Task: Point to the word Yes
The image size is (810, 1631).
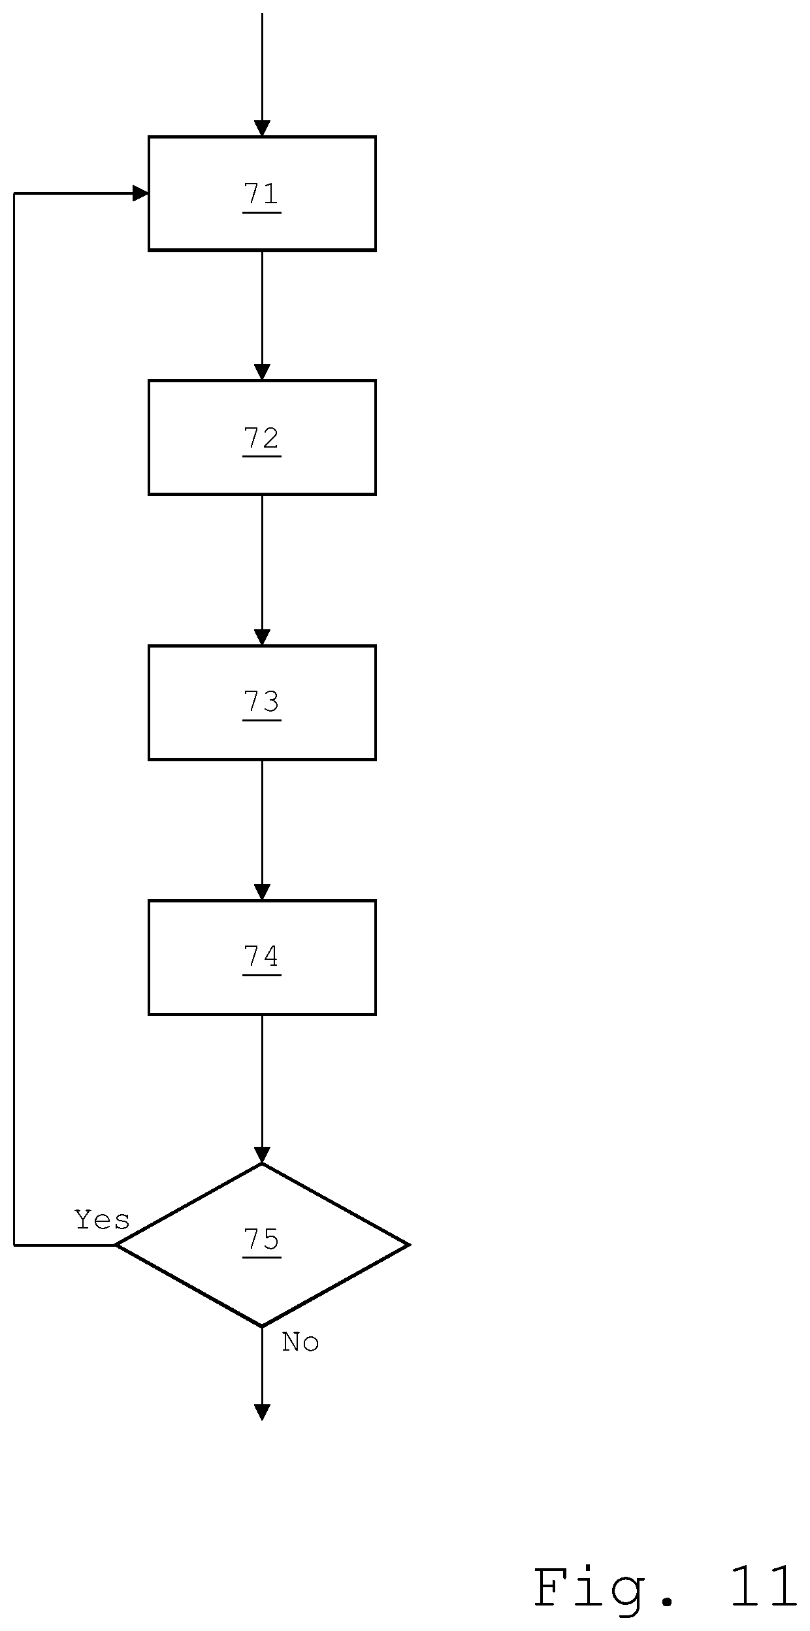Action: click(103, 1220)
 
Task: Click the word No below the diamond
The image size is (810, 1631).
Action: click(300, 1342)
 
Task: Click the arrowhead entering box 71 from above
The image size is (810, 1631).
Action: click(262, 128)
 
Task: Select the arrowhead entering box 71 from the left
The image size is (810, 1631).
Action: click(140, 193)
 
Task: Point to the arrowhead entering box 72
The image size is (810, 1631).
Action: click(262, 372)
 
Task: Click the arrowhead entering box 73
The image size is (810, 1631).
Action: click(262, 637)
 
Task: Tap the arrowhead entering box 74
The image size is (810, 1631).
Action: click(262, 892)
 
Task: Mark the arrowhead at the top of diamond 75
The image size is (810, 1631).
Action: click(262, 1155)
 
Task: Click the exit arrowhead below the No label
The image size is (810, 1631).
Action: click(262, 1412)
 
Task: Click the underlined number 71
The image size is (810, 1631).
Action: click(262, 195)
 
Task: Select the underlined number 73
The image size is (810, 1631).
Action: click(262, 703)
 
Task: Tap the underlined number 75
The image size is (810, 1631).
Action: click(262, 1240)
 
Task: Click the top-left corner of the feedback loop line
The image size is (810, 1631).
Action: click(14, 193)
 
